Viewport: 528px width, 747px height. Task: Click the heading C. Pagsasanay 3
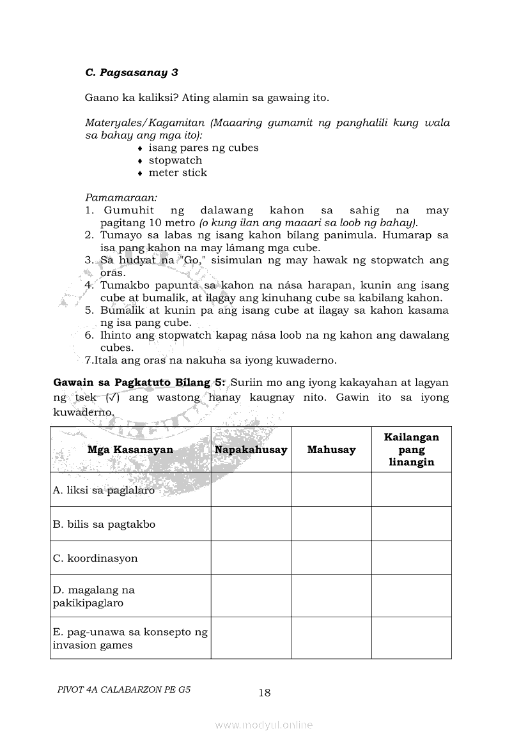[x=131, y=72]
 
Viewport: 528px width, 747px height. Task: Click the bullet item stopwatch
[x=175, y=160]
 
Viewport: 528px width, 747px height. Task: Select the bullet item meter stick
[x=178, y=173]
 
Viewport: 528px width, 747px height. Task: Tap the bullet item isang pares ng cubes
[x=203, y=148]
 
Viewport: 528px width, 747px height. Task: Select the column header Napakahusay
[x=251, y=450]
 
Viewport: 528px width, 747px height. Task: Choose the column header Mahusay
[x=331, y=450]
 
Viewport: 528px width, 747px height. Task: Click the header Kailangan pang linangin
[x=411, y=450]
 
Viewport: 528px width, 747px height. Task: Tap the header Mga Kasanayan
[x=130, y=450]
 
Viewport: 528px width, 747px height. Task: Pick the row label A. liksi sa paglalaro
[x=104, y=491]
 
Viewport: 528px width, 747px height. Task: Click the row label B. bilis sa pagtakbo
[x=104, y=525]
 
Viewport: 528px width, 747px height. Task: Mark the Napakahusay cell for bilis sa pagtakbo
[x=251, y=524]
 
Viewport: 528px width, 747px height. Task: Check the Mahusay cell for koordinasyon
[x=331, y=558]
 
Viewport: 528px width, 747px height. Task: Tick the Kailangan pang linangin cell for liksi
[x=411, y=490]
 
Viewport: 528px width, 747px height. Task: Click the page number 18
[x=265, y=693]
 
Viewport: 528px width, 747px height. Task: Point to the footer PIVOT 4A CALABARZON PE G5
[x=124, y=690]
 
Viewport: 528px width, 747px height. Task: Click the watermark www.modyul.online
[x=264, y=725]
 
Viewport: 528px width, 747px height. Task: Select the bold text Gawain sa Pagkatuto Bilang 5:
[x=139, y=383]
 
